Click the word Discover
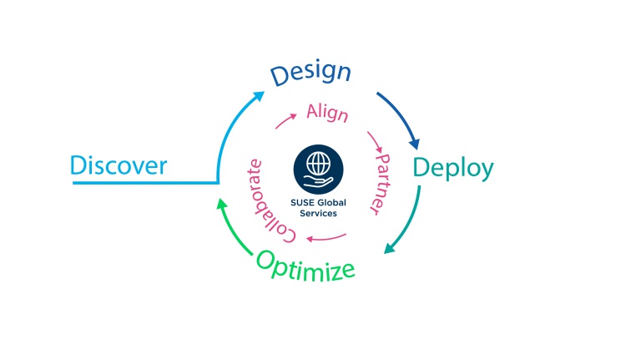pos(119,165)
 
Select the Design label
pos(310,73)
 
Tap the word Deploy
pos(453,169)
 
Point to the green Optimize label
pos(305,266)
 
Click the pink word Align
pos(327,113)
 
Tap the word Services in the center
pos(319,214)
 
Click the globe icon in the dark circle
pos(319,163)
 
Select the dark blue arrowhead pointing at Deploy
pos(415,144)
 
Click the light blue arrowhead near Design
pos(259,96)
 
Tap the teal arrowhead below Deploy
pos(389,248)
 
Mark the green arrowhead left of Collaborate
pos(222,204)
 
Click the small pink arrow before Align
pos(285,121)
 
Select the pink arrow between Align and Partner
pos(375,142)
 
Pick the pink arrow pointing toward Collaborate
pos(326,238)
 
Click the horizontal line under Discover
pos(145,183)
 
